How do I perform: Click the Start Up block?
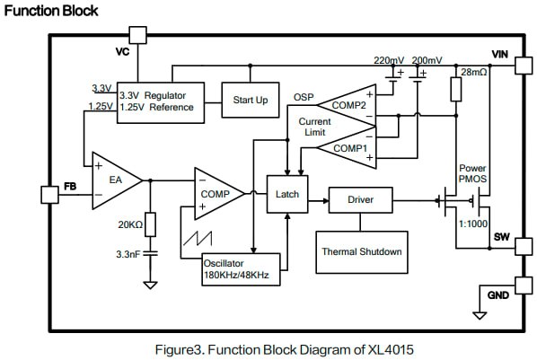click(251, 100)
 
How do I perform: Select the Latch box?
click(287, 194)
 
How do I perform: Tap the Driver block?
click(361, 200)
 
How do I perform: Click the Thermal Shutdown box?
click(362, 252)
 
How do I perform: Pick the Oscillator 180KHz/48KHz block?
click(241, 269)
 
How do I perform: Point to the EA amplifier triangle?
click(117, 180)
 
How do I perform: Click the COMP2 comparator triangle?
click(347, 105)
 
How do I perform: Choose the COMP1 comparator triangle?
click(347, 148)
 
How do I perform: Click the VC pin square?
click(138, 35)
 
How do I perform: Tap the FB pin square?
click(49, 195)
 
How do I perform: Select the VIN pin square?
click(524, 65)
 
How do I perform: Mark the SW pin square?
click(524, 246)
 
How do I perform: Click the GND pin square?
click(524, 285)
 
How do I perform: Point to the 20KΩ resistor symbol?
click(150, 224)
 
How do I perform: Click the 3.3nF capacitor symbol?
click(150, 254)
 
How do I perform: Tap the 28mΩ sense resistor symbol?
click(456, 89)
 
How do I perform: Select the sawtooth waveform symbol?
click(198, 239)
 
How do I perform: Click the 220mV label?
click(389, 60)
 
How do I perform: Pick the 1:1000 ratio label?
click(473, 224)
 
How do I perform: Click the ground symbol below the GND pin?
click(480, 315)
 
